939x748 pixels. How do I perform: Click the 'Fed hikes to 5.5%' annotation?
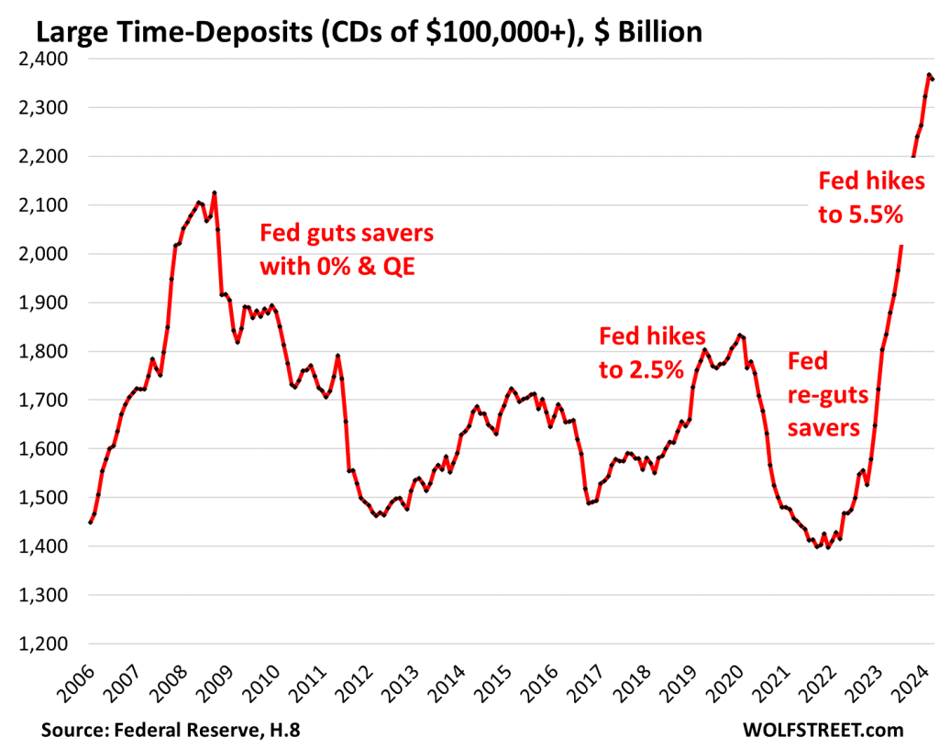(x=861, y=198)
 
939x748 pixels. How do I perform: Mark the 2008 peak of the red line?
(x=214, y=192)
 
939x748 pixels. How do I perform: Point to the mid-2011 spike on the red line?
(x=338, y=356)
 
